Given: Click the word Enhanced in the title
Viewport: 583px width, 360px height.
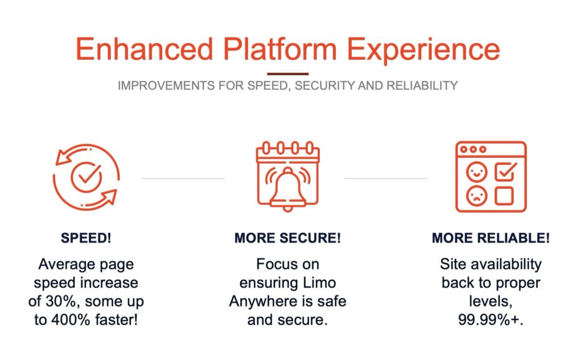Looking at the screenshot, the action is [145, 49].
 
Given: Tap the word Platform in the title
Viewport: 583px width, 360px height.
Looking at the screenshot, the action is [280, 49].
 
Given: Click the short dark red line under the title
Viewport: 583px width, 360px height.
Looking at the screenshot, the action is [288, 74].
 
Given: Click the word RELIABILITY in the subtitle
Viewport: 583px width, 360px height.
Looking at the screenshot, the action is [422, 85].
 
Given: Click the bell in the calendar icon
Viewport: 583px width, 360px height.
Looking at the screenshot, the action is [288, 189].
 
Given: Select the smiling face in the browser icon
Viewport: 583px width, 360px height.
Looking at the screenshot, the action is [477, 172].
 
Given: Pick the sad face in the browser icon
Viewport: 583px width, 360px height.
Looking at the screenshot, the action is [477, 195].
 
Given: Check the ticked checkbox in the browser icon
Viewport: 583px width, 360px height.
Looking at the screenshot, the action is [506, 171].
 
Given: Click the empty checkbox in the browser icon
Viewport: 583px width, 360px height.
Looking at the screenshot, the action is [504, 195].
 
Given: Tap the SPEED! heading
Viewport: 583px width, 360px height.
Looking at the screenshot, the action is [86, 238].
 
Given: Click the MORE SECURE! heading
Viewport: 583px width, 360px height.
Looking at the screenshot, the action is [288, 238].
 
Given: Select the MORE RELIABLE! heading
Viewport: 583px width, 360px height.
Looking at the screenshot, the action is [491, 238].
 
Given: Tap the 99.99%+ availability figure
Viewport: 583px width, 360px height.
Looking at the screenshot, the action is [490, 320].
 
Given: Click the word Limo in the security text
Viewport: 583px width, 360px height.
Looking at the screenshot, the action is [319, 283].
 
